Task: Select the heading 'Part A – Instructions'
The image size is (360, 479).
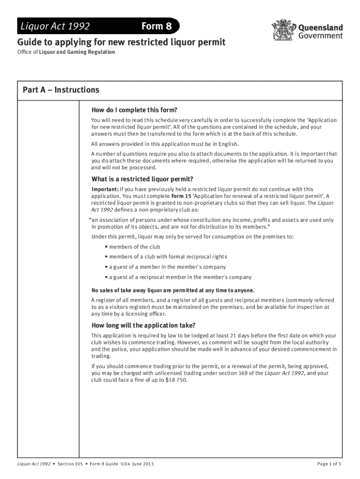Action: coord(61,90)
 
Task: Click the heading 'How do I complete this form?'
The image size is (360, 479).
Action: coord(134,110)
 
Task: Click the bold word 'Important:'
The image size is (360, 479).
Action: coord(105,189)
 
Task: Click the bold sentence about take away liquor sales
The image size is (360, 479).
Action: coord(173,290)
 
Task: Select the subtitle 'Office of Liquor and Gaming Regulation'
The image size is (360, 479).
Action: coord(66,52)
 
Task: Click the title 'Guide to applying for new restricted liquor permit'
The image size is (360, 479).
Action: coord(122,43)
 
